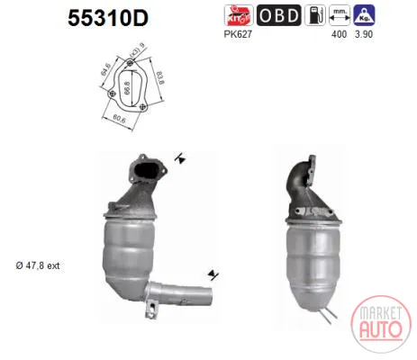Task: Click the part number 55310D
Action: click(108, 18)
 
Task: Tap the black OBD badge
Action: click(279, 15)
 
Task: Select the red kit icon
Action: click(239, 15)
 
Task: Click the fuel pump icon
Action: click(315, 15)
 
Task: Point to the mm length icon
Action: click(340, 15)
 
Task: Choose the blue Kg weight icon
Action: click(364, 15)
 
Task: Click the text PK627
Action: click(238, 34)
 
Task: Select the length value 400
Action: click(339, 34)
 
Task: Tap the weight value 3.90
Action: click(364, 34)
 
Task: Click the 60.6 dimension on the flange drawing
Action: click(119, 119)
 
